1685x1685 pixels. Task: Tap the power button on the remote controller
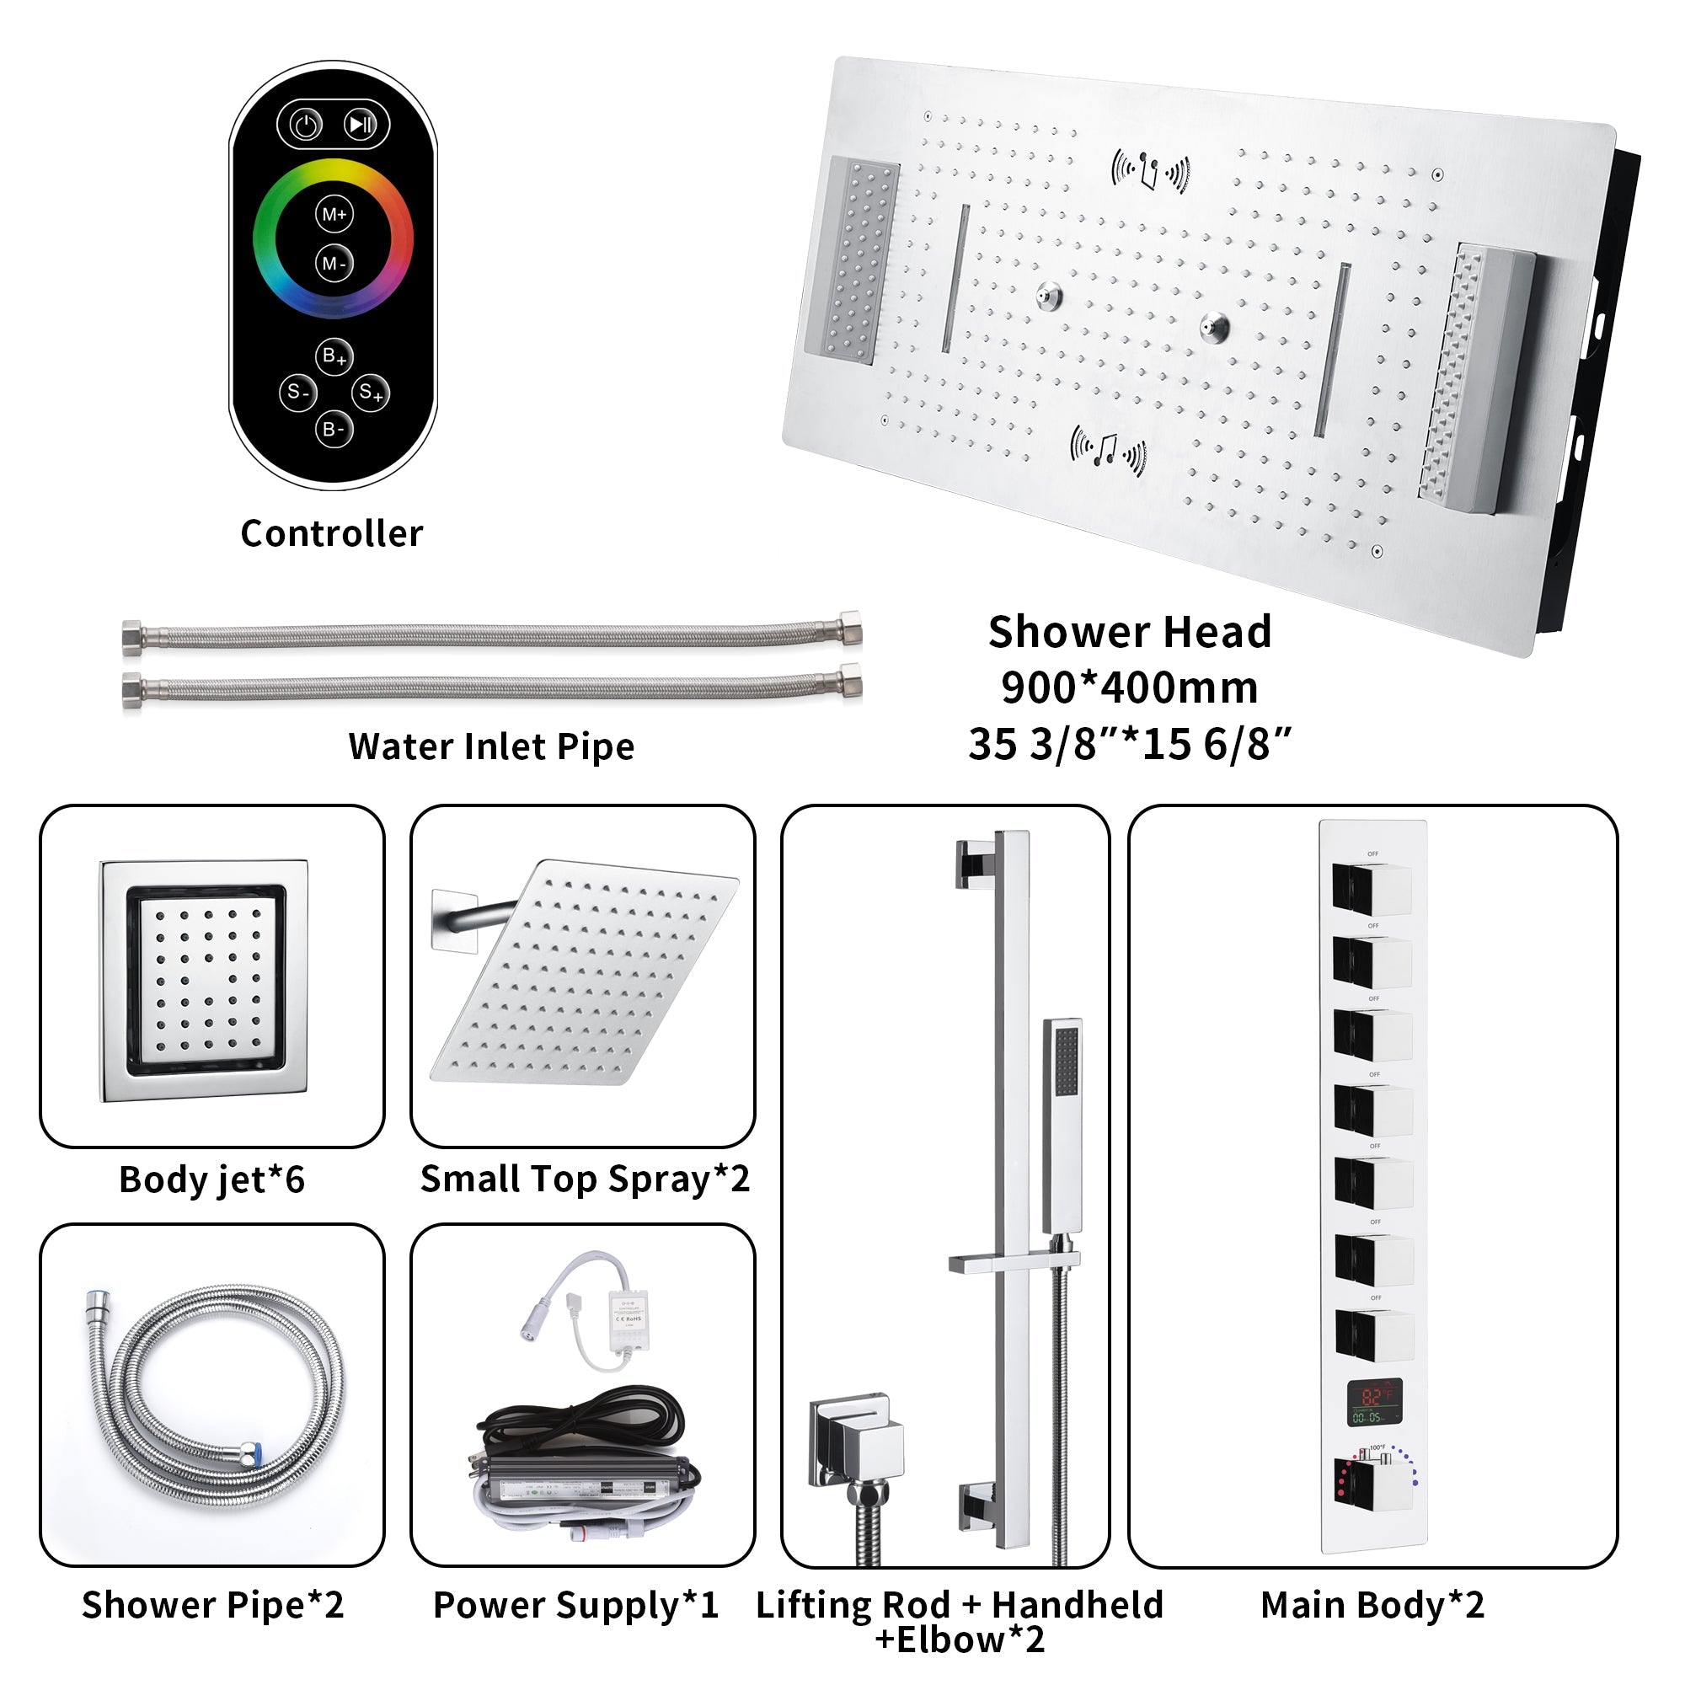tap(306, 126)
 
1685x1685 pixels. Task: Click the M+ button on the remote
tap(334, 215)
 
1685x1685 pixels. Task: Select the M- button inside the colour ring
tap(334, 263)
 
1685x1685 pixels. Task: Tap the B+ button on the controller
tap(334, 356)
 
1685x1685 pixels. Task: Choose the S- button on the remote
tap(297, 393)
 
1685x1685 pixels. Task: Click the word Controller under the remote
tap(331, 533)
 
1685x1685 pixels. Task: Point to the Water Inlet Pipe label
tap(491, 746)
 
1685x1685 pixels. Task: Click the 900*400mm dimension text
tap(1130, 688)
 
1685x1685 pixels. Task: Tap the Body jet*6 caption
tap(212, 1180)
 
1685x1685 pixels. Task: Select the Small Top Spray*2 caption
tap(585, 1179)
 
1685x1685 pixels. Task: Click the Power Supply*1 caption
tap(575, 1606)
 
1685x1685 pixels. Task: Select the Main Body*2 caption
tap(1372, 1606)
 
